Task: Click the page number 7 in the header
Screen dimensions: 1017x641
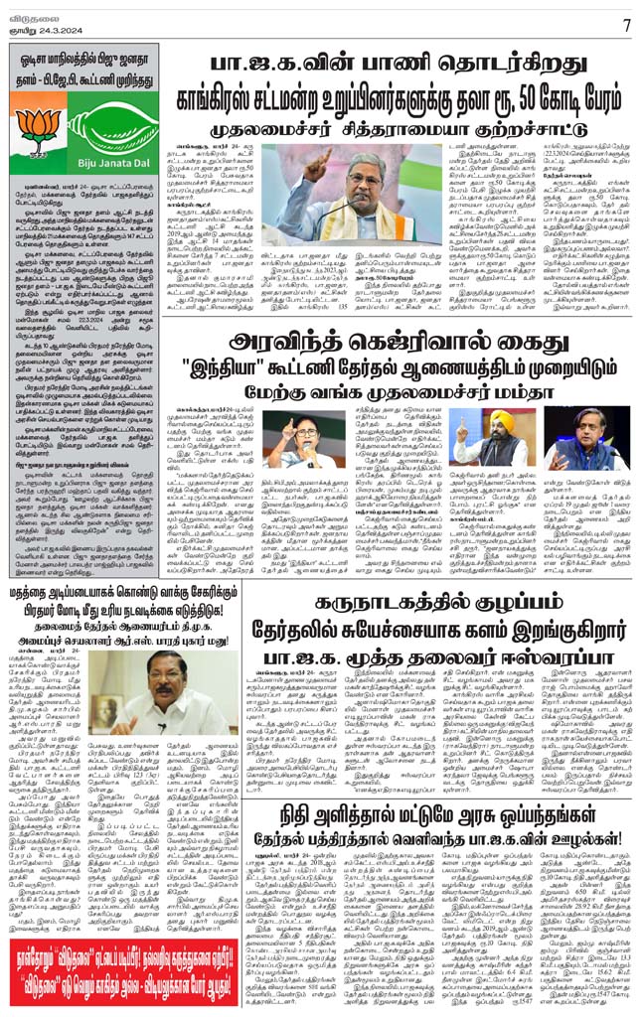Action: [626, 22]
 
